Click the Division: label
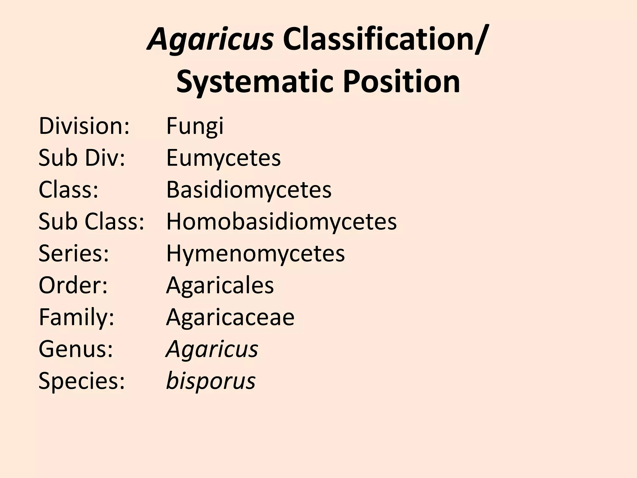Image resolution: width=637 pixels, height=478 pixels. click(84, 126)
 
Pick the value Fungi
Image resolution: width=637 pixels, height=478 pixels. click(195, 126)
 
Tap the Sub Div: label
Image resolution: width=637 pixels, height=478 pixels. click(81, 158)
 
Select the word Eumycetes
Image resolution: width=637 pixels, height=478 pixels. click(223, 158)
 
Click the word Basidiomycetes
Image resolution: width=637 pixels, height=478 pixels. click(249, 190)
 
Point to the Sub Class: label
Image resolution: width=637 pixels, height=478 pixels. click(91, 222)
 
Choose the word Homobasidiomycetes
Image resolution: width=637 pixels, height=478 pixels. click(281, 222)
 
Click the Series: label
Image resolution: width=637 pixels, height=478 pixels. click(74, 253)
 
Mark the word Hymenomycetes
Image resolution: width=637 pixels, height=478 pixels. click(255, 253)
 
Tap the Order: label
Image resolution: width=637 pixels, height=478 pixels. click(73, 285)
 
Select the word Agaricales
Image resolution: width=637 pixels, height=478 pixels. click(220, 285)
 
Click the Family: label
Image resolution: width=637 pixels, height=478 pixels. click(77, 317)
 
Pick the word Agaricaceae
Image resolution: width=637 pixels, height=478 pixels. click(230, 317)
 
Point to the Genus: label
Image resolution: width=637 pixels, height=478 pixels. click(76, 349)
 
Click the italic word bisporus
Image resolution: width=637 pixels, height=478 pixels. click(211, 381)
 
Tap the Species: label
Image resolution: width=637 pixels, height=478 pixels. click(81, 381)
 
